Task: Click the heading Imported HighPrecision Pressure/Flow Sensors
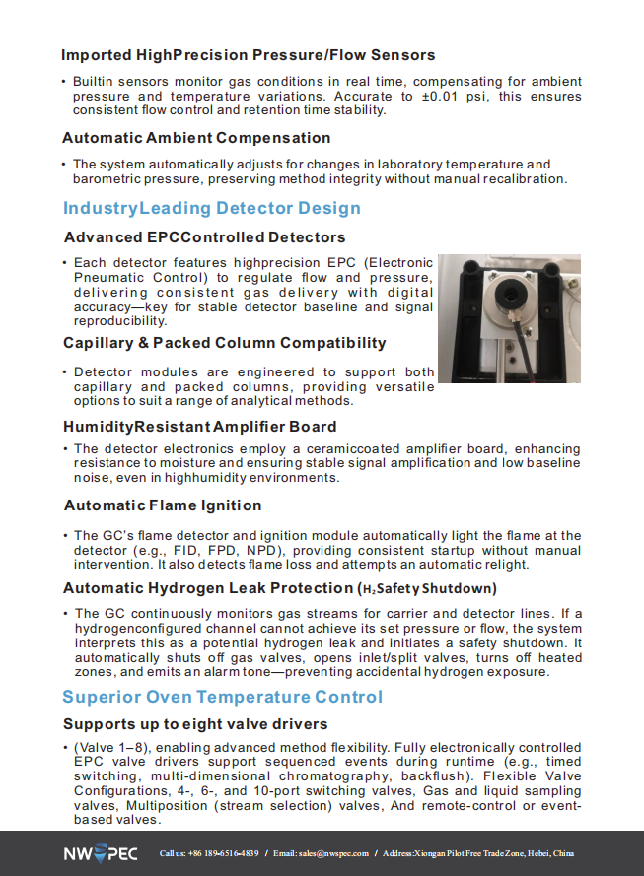(x=248, y=55)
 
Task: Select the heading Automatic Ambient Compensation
(x=196, y=138)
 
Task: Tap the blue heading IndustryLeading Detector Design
(x=212, y=208)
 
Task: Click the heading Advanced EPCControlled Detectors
(x=204, y=237)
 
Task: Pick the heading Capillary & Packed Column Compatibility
(x=224, y=343)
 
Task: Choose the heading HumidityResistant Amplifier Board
(x=199, y=427)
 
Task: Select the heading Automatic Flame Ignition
(x=163, y=505)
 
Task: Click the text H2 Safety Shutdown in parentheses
(x=425, y=589)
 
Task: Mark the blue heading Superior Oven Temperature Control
(x=222, y=697)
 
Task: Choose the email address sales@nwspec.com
(x=334, y=853)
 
